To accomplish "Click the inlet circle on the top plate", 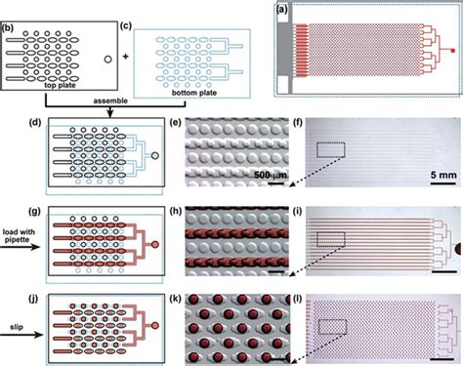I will pyautogui.click(x=105, y=61).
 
